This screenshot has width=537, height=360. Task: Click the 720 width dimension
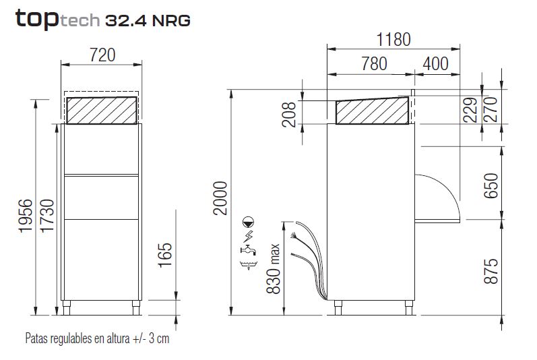coord(102,55)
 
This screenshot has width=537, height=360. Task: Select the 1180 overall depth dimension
coord(393,39)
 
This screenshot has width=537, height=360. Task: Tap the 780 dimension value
coord(375,64)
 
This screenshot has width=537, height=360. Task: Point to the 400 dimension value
coord(435,64)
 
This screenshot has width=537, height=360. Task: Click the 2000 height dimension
coord(220,198)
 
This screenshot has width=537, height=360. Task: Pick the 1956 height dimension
coord(26,216)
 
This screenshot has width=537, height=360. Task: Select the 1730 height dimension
coord(47,216)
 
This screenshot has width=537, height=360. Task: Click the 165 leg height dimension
coord(164,255)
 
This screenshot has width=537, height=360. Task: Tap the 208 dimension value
coord(288,115)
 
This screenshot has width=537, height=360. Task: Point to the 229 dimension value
coord(470,110)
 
